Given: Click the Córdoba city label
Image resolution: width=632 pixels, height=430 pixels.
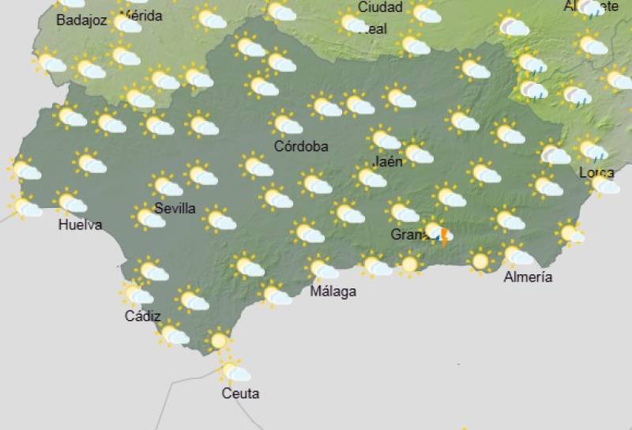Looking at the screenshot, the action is pos(301,146).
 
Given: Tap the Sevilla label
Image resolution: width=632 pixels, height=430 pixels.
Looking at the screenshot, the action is pos(175,209).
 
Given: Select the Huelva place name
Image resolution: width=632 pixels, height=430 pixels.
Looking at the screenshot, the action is pos(81,224).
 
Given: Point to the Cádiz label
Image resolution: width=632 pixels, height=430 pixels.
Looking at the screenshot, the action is pos(143,316).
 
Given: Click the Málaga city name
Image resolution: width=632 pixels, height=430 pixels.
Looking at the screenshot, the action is pos(333,291).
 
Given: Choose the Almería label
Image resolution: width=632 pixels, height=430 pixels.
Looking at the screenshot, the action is pos(529,277).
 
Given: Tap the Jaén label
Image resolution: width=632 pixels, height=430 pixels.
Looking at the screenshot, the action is pos(388,161).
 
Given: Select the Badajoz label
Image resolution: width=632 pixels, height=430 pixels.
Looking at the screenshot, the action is pos(81,21).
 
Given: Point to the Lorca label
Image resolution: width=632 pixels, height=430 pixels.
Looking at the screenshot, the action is pos(597,172).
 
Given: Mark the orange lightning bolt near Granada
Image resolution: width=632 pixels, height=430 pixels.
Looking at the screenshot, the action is pos(445,236).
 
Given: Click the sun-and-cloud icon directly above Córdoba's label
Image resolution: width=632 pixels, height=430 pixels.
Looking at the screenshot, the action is pos(285,123).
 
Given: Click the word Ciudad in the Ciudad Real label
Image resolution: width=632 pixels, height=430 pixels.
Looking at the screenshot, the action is pos(380,7).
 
